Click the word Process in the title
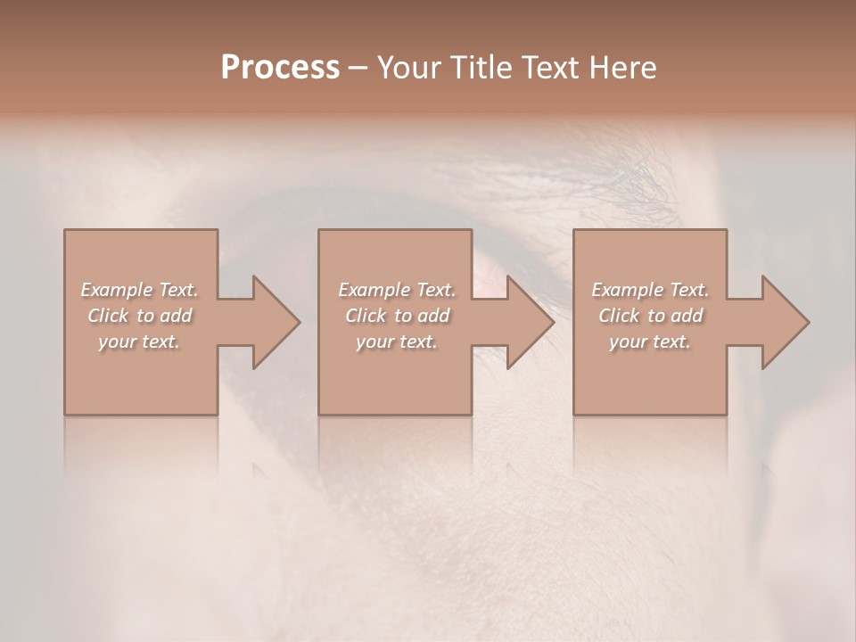tap(280, 67)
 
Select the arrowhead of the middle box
tap(530, 322)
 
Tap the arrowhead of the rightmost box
tap(785, 322)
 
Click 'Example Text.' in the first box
tap(139, 290)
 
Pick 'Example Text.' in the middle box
tap(397, 290)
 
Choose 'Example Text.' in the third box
tap(650, 290)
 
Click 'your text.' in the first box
tap(139, 342)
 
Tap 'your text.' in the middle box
tap(397, 342)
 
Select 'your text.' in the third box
tap(650, 342)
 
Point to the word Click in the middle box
tap(364, 316)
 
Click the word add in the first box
tap(177, 316)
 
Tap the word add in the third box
tap(687, 316)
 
